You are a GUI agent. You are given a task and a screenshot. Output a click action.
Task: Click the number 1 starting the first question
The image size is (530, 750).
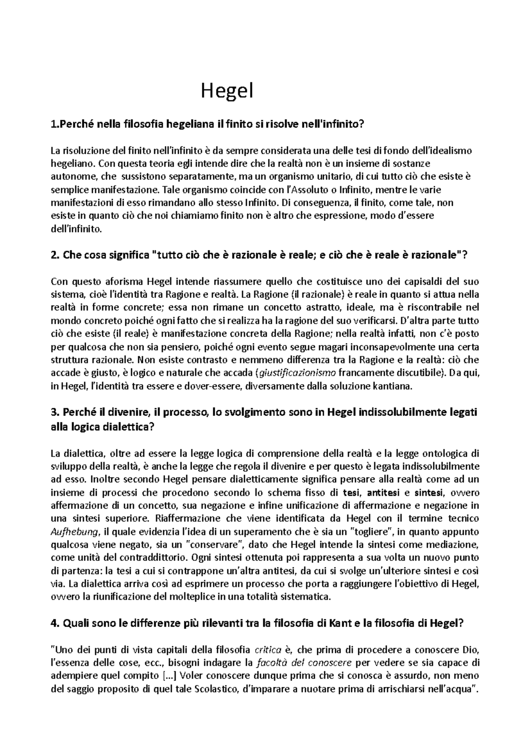coord(54,125)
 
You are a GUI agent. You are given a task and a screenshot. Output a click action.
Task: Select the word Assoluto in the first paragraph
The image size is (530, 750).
coord(309,190)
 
